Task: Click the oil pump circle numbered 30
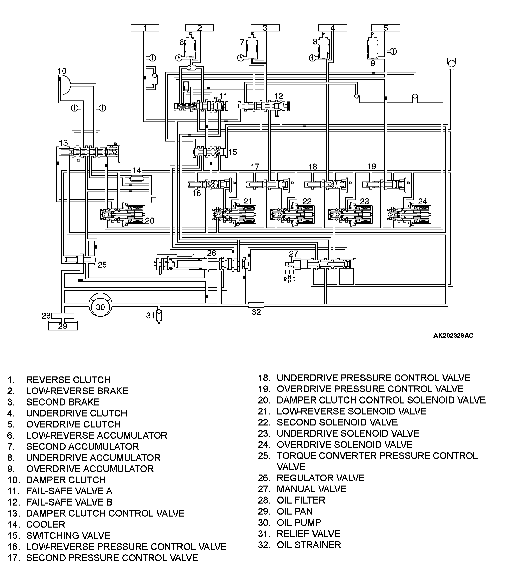[100, 307]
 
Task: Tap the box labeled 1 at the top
[145, 28]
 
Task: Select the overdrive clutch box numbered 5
[386, 28]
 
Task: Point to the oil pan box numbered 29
[63, 326]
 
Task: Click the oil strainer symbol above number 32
[256, 305]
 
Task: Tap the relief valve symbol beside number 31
[159, 314]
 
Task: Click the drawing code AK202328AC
[453, 336]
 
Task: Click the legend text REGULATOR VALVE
[320, 478]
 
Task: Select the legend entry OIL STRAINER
[309, 545]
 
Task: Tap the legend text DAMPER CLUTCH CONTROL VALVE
[105, 513]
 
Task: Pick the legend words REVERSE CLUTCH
[68, 380]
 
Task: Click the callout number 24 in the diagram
[422, 201]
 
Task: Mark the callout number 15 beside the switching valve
[233, 152]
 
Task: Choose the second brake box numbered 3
[265, 28]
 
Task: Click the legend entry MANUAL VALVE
[311, 489]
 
